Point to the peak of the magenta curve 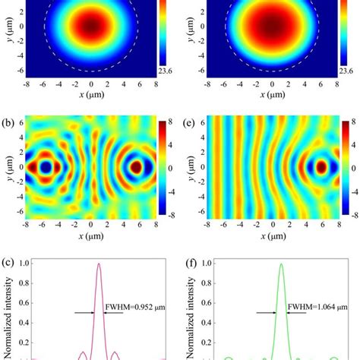98,264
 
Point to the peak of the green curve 282,264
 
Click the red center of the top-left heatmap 91,25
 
